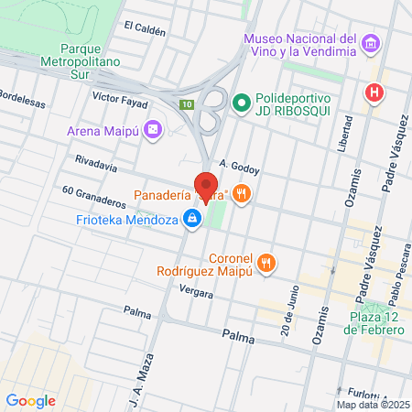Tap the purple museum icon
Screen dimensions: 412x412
pyautogui.click(x=370, y=43)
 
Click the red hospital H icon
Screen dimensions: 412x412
pyautogui.click(x=373, y=92)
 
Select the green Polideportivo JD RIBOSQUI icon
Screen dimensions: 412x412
pyautogui.click(x=242, y=102)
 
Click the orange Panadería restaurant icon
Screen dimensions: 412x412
pyautogui.click(x=242, y=193)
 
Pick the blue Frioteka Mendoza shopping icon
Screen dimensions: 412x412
pyautogui.click(x=192, y=219)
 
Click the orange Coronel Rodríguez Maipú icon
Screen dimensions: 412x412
pyautogui.click(x=266, y=264)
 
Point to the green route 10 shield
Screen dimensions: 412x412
pyautogui.click(x=187, y=104)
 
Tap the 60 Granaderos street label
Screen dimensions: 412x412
pyautogui.click(x=93, y=195)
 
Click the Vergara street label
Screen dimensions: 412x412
pyautogui.click(x=197, y=294)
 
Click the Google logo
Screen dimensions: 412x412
pyautogui.click(x=30, y=400)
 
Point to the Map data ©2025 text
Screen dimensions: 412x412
pyautogui.click(x=372, y=405)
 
